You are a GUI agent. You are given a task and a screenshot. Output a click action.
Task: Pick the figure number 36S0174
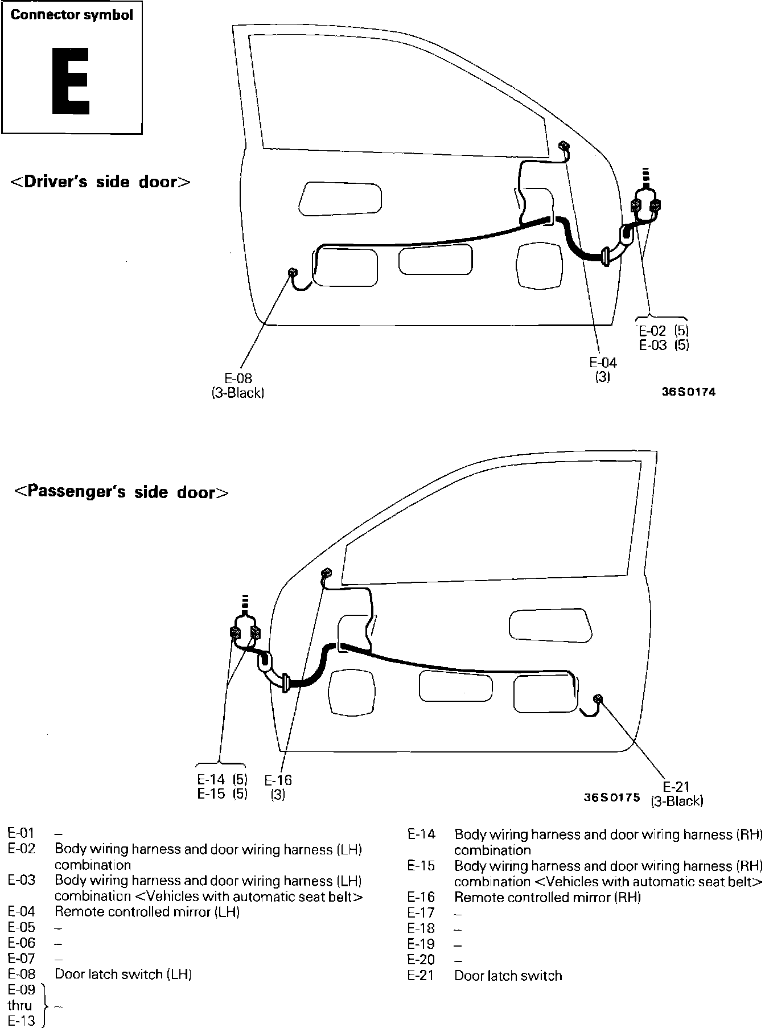pyautogui.click(x=689, y=392)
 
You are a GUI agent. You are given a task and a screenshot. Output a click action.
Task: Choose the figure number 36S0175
pyautogui.click(x=612, y=798)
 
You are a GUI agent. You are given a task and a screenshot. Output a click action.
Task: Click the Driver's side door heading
pyautogui.click(x=101, y=182)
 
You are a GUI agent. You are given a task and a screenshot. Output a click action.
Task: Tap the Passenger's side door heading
pyautogui.click(x=121, y=492)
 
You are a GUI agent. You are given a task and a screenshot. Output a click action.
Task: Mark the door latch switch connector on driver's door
pyautogui.click(x=294, y=273)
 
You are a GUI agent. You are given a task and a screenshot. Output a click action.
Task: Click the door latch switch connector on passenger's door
pyautogui.click(x=598, y=698)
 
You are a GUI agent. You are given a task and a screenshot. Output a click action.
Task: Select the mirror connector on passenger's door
pyautogui.click(x=326, y=573)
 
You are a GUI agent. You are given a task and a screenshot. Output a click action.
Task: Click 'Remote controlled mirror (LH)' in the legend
pyautogui.click(x=147, y=912)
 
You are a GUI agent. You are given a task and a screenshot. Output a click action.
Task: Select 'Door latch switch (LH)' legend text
pyautogui.click(x=123, y=974)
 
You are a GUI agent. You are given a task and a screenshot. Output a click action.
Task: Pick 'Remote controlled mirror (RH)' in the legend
pyautogui.click(x=548, y=897)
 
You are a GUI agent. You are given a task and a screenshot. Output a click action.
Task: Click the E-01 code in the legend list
pyautogui.click(x=22, y=833)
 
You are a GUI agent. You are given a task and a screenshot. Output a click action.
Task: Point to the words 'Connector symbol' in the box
pyautogui.click(x=72, y=15)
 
